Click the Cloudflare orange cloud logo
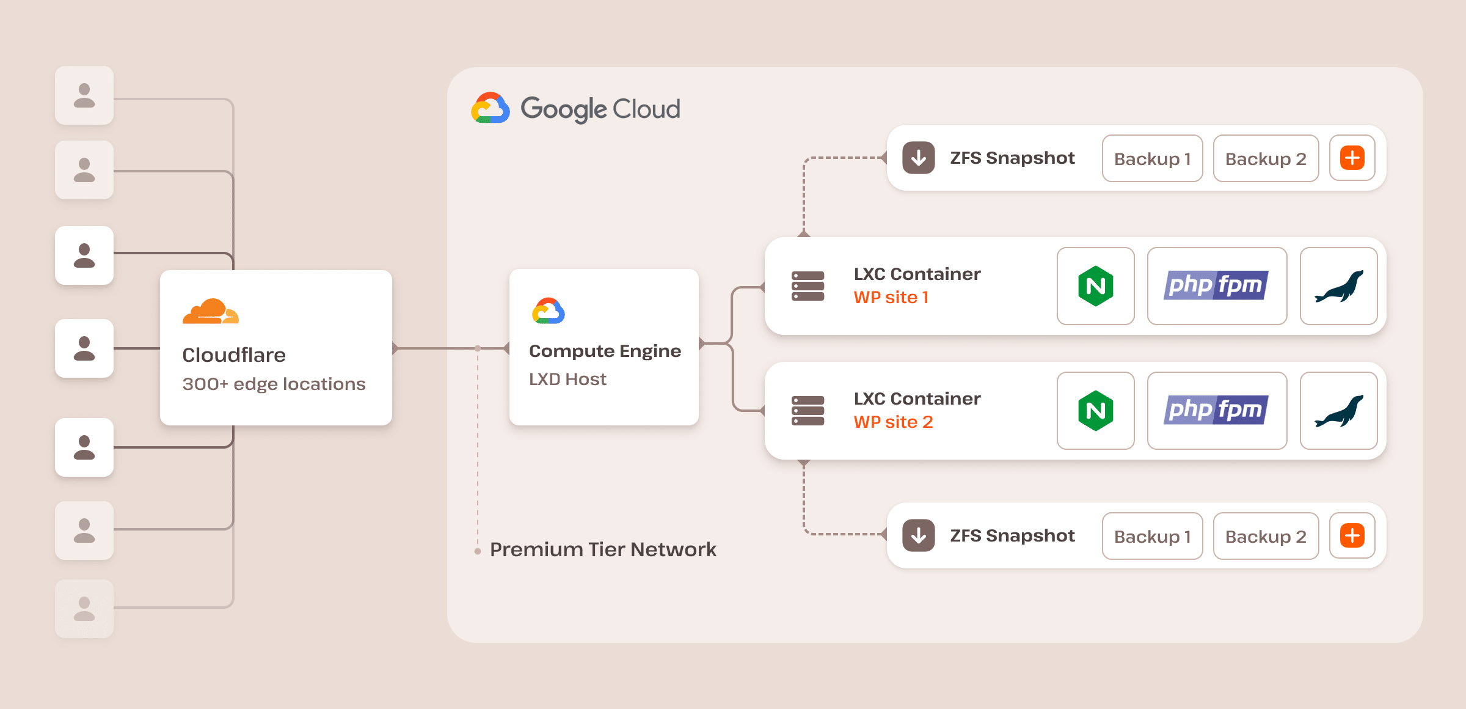coord(211,311)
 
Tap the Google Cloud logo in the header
coord(490,109)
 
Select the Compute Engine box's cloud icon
coord(549,311)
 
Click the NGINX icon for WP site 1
coord(1095,286)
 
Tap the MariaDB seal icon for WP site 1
coord(1338,286)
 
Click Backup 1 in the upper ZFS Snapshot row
coord(1152,159)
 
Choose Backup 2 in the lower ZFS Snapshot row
coord(1266,536)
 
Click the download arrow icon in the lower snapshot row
coord(919,535)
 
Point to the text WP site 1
coord(891,298)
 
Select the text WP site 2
coord(893,422)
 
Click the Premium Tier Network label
coord(603,549)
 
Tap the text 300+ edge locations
coord(274,384)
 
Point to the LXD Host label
coord(567,379)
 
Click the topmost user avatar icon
coord(84,96)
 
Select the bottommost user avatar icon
coord(84,609)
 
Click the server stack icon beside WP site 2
coord(808,411)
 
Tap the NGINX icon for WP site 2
coord(1095,411)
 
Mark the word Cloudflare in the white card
coord(234,355)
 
